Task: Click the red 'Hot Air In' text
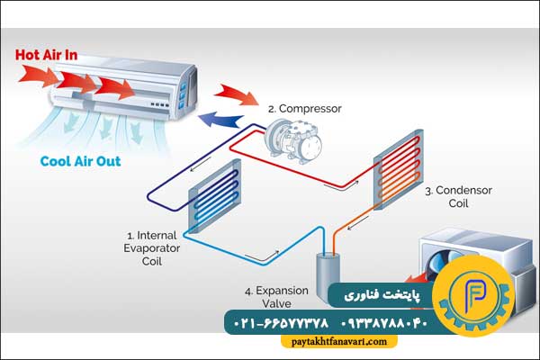pyautogui.click(x=47, y=55)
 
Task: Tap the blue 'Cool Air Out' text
pyautogui.click(x=81, y=161)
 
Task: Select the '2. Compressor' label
pyautogui.click(x=305, y=109)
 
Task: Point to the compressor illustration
pyautogui.click(x=294, y=140)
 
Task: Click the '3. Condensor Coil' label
pyautogui.click(x=458, y=197)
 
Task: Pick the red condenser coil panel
pyautogui.click(x=399, y=169)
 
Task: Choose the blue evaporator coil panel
pyautogui.click(x=214, y=196)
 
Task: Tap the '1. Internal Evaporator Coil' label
pyautogui.click(x=152, y=248)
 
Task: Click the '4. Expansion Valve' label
pyautogui.click(x=276, y=297)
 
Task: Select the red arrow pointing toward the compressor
pyautogui.click(x=236, y=94)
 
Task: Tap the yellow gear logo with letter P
pyautogui.click(x=474, y=295)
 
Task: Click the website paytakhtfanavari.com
pyautogui.click(x=339, y=342)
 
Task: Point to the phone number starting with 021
pyautogui.click(x=282, y=323)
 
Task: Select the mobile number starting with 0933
pyautogui.click(x=384, y=323)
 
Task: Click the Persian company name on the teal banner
pyautogui.click(x=382, y=295)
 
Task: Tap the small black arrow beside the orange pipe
pyautogui.click(x=358, y=223)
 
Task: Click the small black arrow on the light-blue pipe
pyautogui.click(x=262, y=256)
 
